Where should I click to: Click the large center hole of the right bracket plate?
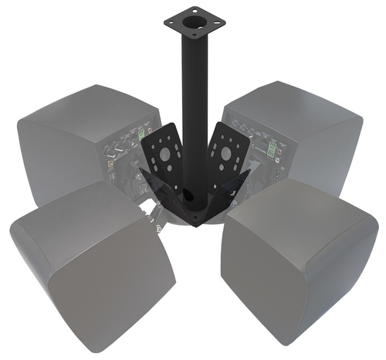(225, 153)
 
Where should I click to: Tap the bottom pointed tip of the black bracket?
(194, 224)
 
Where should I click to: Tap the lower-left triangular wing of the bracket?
(166, 202)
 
